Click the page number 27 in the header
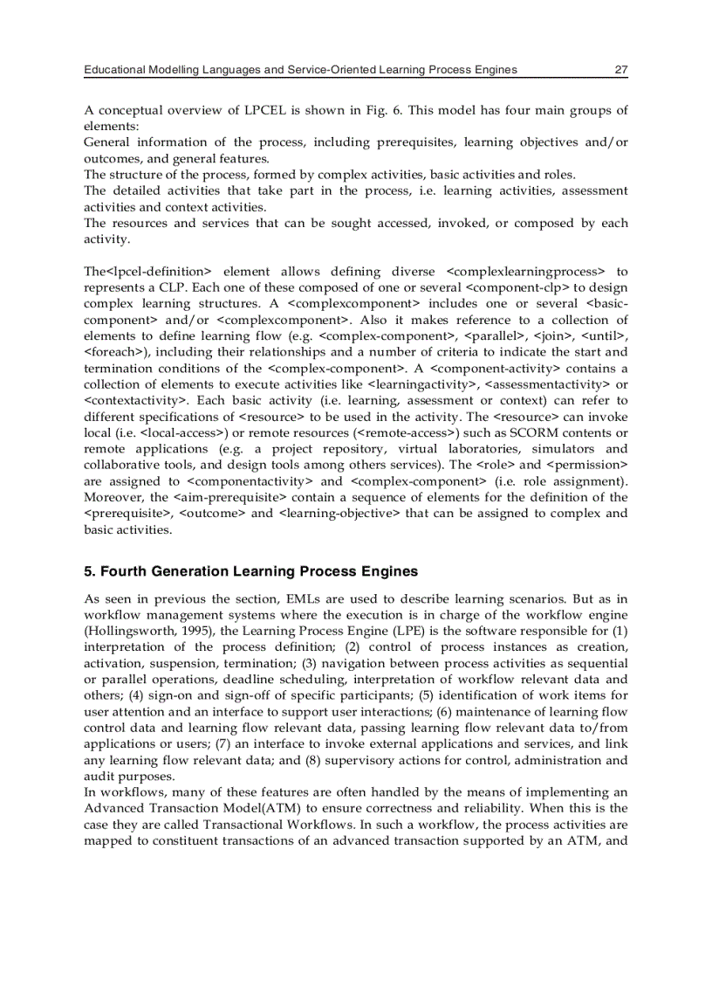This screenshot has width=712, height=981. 620,70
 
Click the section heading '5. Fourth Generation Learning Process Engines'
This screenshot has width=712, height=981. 250,572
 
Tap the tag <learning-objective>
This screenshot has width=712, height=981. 339,513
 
